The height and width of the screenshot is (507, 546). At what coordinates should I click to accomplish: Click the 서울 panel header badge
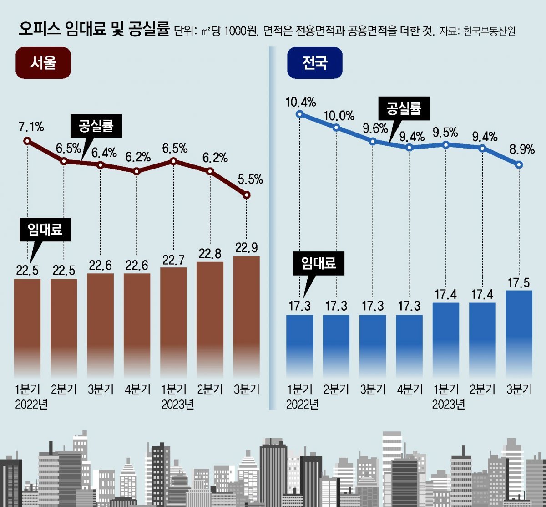point(43,62)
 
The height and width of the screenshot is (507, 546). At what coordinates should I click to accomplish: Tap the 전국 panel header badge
point(314,62)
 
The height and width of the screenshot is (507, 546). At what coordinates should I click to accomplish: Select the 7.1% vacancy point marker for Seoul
point(27,141)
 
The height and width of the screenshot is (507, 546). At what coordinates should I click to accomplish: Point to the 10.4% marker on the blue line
point(299,114)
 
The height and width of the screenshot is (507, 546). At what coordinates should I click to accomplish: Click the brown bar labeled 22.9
point(246,314)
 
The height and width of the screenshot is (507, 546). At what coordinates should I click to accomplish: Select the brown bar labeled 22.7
point(173,319)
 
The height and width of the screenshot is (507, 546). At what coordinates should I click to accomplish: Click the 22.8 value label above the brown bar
point(210,254)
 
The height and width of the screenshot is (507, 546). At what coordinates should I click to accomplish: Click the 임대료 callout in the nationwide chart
point(318,264)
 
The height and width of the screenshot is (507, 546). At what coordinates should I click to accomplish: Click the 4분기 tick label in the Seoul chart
point(137,389)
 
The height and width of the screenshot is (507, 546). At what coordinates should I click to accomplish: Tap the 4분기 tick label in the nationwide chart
point(409,389)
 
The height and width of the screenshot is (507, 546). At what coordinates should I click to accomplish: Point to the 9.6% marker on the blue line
point(373,141)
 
